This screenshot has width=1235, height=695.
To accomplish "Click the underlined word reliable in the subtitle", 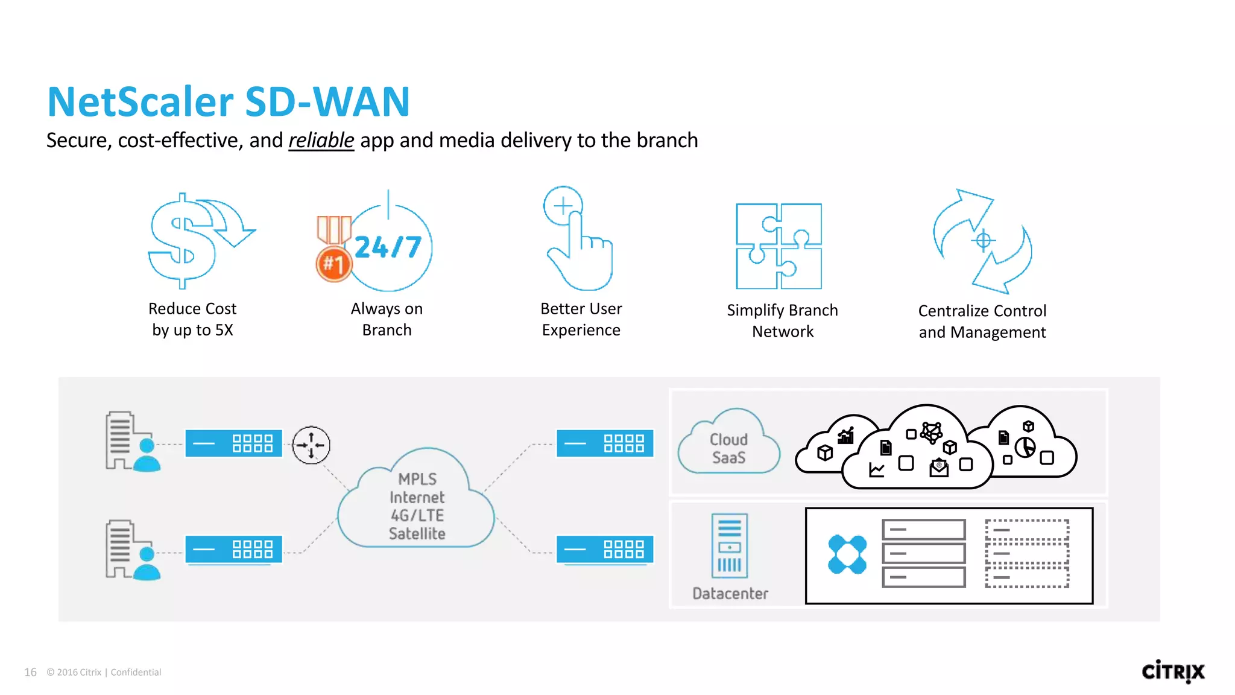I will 321,141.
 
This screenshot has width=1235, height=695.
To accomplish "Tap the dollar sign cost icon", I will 182,241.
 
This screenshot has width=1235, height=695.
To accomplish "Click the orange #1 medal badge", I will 333,264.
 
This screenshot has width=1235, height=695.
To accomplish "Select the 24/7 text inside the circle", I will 388,247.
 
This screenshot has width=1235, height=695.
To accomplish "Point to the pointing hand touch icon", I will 578,241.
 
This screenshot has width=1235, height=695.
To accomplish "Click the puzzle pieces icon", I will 779,246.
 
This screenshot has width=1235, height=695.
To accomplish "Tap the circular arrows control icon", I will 982,241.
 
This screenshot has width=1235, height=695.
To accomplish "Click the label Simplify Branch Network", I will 782,321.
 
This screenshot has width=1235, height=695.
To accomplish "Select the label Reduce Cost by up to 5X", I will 192,319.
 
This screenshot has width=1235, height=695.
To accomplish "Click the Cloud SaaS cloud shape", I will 728,446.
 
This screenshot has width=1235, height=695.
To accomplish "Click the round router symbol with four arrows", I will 311,445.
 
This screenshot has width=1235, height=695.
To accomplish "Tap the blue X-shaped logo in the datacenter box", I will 847,554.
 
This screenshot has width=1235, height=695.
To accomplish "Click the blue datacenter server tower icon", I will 729,546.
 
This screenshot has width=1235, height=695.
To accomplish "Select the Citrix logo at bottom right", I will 1172,671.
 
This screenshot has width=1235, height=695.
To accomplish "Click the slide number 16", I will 30,672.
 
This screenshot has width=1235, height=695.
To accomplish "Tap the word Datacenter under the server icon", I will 730,594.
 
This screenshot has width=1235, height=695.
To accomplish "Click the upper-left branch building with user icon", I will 131,442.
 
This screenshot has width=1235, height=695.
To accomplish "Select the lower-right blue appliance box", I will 604,549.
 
